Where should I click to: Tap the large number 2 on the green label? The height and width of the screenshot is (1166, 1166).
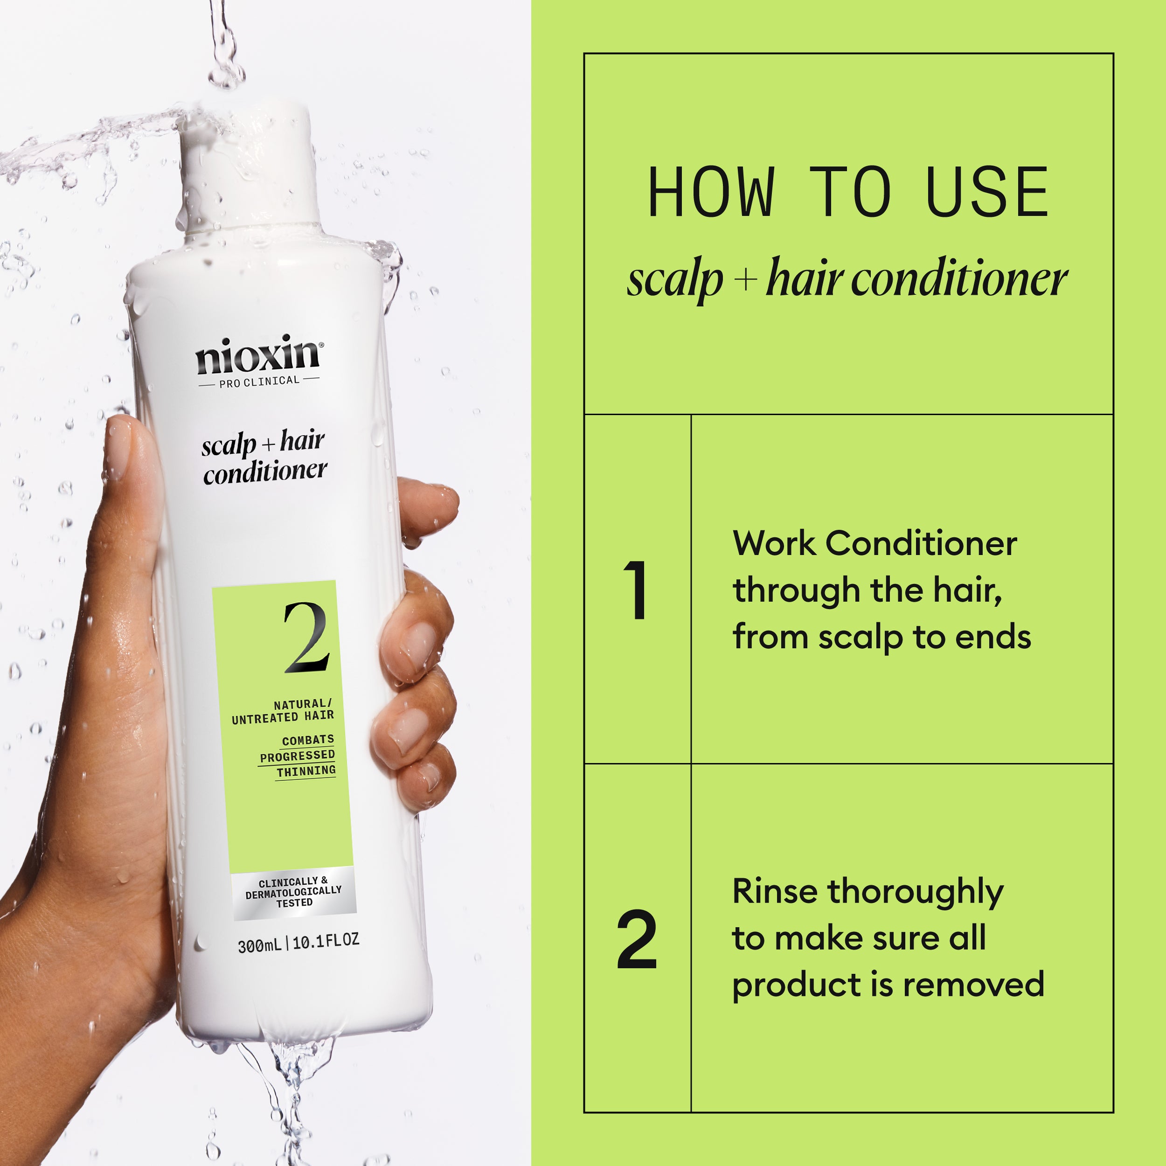306,639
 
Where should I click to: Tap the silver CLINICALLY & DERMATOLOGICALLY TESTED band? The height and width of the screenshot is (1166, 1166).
294,893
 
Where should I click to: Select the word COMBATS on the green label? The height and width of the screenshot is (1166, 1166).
308,740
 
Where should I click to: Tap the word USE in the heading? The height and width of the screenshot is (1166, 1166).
987,193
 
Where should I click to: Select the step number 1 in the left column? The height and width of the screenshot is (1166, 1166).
636,590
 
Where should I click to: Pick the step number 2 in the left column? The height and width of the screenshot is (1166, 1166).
637,940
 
